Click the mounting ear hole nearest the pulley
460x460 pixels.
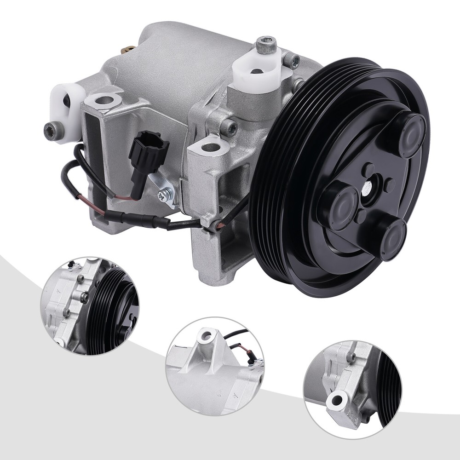(211, 148)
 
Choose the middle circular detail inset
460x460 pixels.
(214, 366)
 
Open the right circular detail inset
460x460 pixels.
(352, 389)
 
